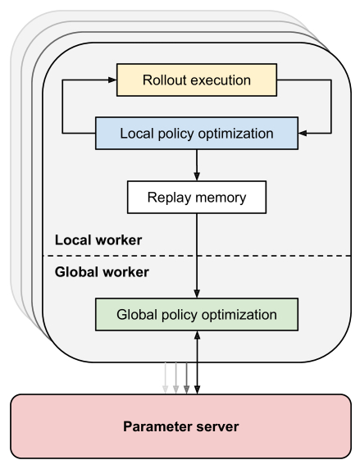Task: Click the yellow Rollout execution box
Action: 197,80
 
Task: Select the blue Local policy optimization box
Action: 197,133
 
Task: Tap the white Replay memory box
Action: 197,197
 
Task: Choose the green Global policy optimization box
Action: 197,314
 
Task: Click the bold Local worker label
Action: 98,240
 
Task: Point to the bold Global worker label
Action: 102,272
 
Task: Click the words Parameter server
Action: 180,426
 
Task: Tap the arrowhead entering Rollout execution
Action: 112,80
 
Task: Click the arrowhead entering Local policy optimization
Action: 303,133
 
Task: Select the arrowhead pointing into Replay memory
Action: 197,176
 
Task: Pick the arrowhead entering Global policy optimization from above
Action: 197,294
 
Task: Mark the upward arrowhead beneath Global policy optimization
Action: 197,335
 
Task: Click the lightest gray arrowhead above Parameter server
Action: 165,389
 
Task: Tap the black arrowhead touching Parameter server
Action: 197,389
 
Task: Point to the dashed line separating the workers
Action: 197,256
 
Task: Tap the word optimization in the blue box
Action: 236,134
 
